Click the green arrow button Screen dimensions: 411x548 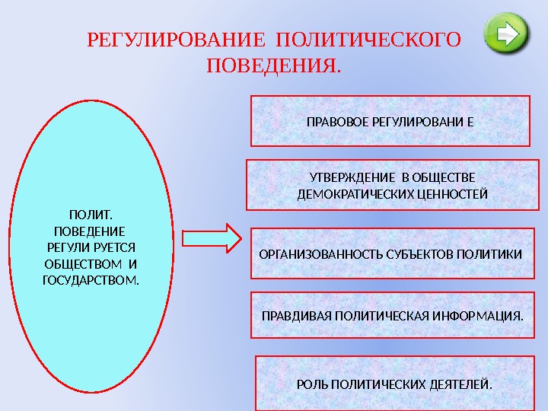click(x=507, y=34)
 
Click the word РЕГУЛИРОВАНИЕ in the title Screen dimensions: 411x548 click(x=177, y=39)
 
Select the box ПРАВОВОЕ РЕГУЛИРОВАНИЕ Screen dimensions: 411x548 click(x=390, y=120)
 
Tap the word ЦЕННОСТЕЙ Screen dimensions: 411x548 click(x=452, y=194)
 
